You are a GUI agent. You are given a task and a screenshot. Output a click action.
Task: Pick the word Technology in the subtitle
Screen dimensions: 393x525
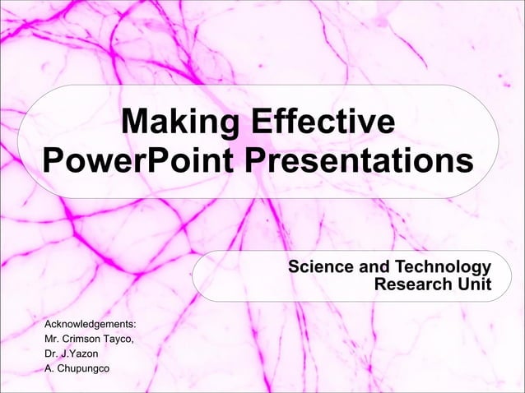(444, 267)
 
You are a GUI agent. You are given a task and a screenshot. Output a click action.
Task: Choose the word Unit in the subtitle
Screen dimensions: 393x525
(475, 284)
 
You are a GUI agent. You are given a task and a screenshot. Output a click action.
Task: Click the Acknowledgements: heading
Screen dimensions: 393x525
(91, 324)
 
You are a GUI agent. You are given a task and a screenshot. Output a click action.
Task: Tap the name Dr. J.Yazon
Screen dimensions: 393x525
(71, 354)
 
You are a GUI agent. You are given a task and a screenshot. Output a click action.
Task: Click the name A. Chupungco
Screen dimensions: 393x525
(77, 368)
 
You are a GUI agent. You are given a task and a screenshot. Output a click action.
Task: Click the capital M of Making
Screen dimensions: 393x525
(132, 124)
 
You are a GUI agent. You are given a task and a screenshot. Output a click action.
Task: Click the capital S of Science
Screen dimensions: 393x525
(294, 267)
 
